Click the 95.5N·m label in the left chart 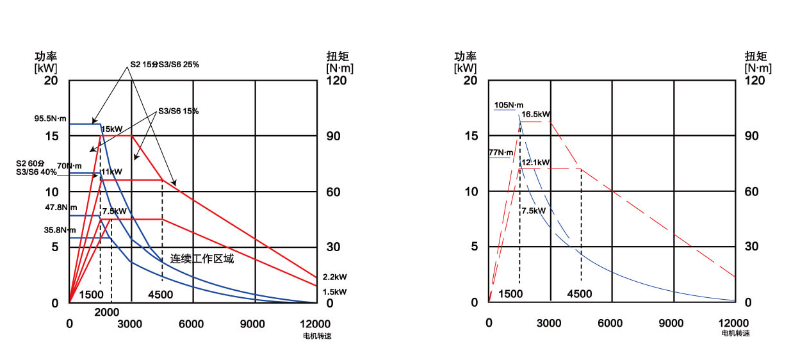pos(51,119)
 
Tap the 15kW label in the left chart pos(111,129)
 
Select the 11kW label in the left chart pos(111,172)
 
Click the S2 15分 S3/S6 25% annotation pos(165,64)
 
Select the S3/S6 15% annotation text pos(177,111)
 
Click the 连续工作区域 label pos(202,259)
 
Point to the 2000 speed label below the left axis pos(107,311)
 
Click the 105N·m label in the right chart pos(509,105)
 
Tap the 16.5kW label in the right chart pos(536,115)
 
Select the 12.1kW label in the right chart pos(535,162)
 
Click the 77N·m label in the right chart pos(501,152)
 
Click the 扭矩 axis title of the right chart pos(758,56)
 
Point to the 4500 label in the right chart pos(580,294)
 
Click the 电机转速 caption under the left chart pos(317,335)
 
